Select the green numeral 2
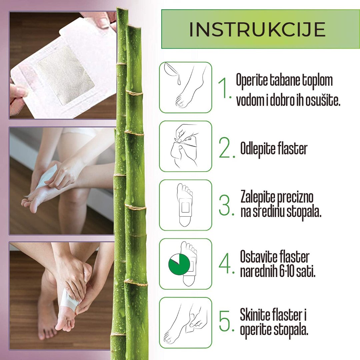[226, 149]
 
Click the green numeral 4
[226, 265]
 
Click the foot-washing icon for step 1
[185, 87]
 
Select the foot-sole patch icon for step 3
[185, 205]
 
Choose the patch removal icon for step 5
[185, 323]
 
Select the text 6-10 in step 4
[289, 272]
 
